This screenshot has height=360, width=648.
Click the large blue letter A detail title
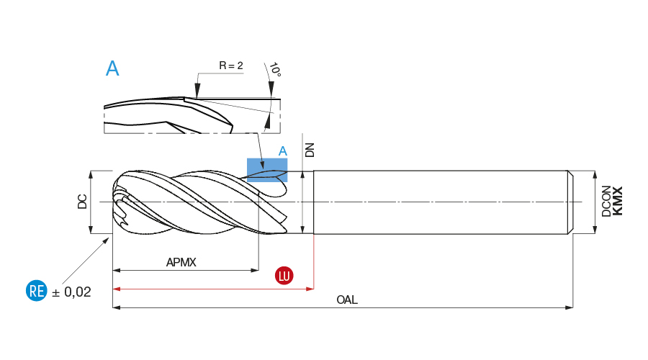coord(112,68)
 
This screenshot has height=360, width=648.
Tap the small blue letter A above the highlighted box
coord(283,151)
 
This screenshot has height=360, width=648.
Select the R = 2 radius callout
coord(231,66)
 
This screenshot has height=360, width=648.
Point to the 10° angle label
coord(274,71)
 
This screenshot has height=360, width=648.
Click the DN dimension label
coord(310,149)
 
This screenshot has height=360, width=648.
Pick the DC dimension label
coord(82,202)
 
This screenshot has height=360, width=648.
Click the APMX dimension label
coord(181,263)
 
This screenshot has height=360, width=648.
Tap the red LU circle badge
coord(284,276)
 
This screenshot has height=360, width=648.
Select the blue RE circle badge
coord(36,292)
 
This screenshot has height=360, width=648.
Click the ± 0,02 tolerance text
coord(72,292)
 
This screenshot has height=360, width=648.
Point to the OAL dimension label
coord(347,300)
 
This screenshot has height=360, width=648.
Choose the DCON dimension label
coord(606,202)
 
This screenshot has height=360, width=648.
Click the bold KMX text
coord(617,201)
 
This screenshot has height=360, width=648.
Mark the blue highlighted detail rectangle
coord(267,170)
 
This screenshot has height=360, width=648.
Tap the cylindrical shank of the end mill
coord(439,202)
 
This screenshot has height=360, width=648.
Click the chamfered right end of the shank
coord(570,202)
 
